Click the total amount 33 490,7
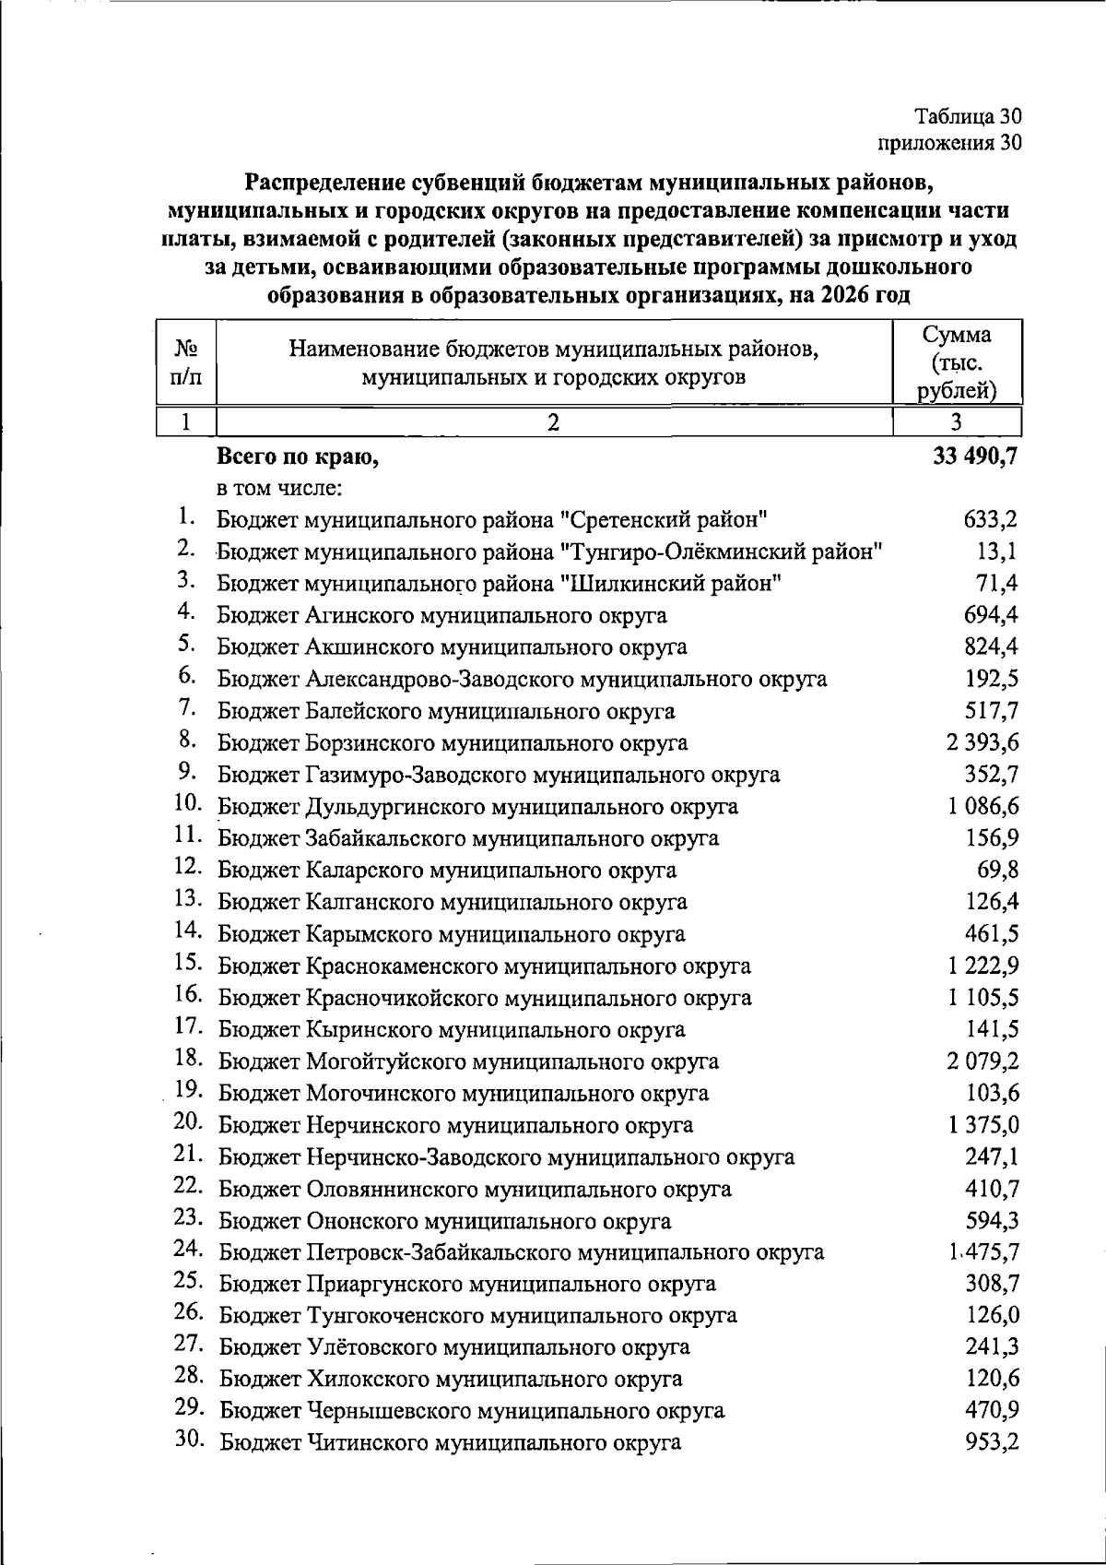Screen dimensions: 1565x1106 [975, 456]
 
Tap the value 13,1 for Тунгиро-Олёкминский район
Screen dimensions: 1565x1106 [996, 551]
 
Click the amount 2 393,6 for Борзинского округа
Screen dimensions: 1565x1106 [982, 742]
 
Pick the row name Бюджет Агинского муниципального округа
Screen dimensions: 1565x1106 [442, 615]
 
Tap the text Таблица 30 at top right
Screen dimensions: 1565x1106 [968, 117]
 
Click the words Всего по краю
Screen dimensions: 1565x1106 [298, 456]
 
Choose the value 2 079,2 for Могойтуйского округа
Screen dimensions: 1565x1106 [982, 1061]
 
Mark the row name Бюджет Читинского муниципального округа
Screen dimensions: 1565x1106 [450, 1442]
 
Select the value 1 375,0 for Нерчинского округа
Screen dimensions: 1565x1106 [982, 1125]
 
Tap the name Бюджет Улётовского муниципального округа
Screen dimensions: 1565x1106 [454, 1347]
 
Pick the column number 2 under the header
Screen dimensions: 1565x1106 [553, 422]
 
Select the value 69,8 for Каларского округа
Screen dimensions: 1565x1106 [996, 870]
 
